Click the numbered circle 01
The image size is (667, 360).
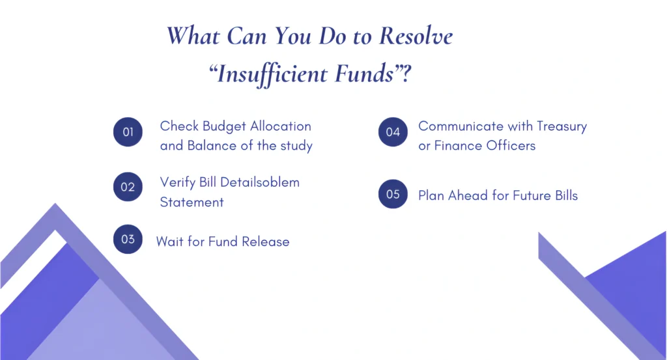point(128,132)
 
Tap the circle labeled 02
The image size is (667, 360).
point(128,187)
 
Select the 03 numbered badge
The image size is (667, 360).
point(128,239)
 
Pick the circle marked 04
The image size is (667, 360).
point(393,132)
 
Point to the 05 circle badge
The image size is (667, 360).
point(393,194)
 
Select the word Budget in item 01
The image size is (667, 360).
point(225,126)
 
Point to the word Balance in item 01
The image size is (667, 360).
point(210,145)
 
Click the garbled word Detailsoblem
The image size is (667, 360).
point(260,182)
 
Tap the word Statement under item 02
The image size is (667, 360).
point(192,202)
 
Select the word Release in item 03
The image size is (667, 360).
point(266,242)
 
